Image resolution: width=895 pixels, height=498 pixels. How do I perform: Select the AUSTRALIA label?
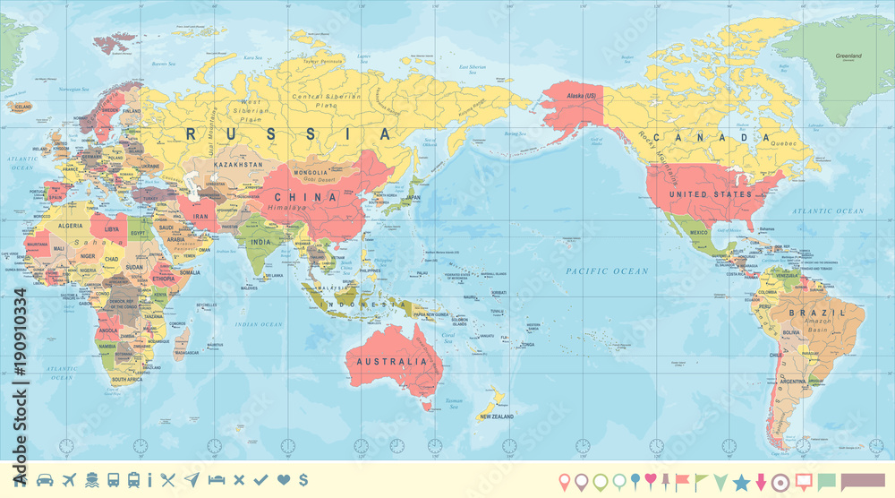(393, 361)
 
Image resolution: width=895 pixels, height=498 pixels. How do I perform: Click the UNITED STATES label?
(712, 193)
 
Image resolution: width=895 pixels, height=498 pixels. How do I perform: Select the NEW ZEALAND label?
(496, 416)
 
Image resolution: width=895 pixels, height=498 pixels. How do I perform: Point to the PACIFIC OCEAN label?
(606, 270)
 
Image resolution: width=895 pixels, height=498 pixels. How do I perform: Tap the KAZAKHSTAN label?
(239, 165)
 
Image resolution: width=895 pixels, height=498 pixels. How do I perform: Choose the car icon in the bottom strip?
(45, 480)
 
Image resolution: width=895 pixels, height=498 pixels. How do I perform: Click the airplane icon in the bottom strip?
(69, 480)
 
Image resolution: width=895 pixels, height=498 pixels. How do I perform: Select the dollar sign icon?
(304, 480)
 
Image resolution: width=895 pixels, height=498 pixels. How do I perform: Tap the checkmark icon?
(260, 480)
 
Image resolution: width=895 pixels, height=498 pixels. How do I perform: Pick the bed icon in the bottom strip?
(216, 480)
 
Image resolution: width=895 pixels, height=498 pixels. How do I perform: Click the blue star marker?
(741, 482)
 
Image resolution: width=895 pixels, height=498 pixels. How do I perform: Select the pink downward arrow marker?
(762, 482)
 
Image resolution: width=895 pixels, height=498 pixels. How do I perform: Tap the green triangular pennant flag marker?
(720, 482)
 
